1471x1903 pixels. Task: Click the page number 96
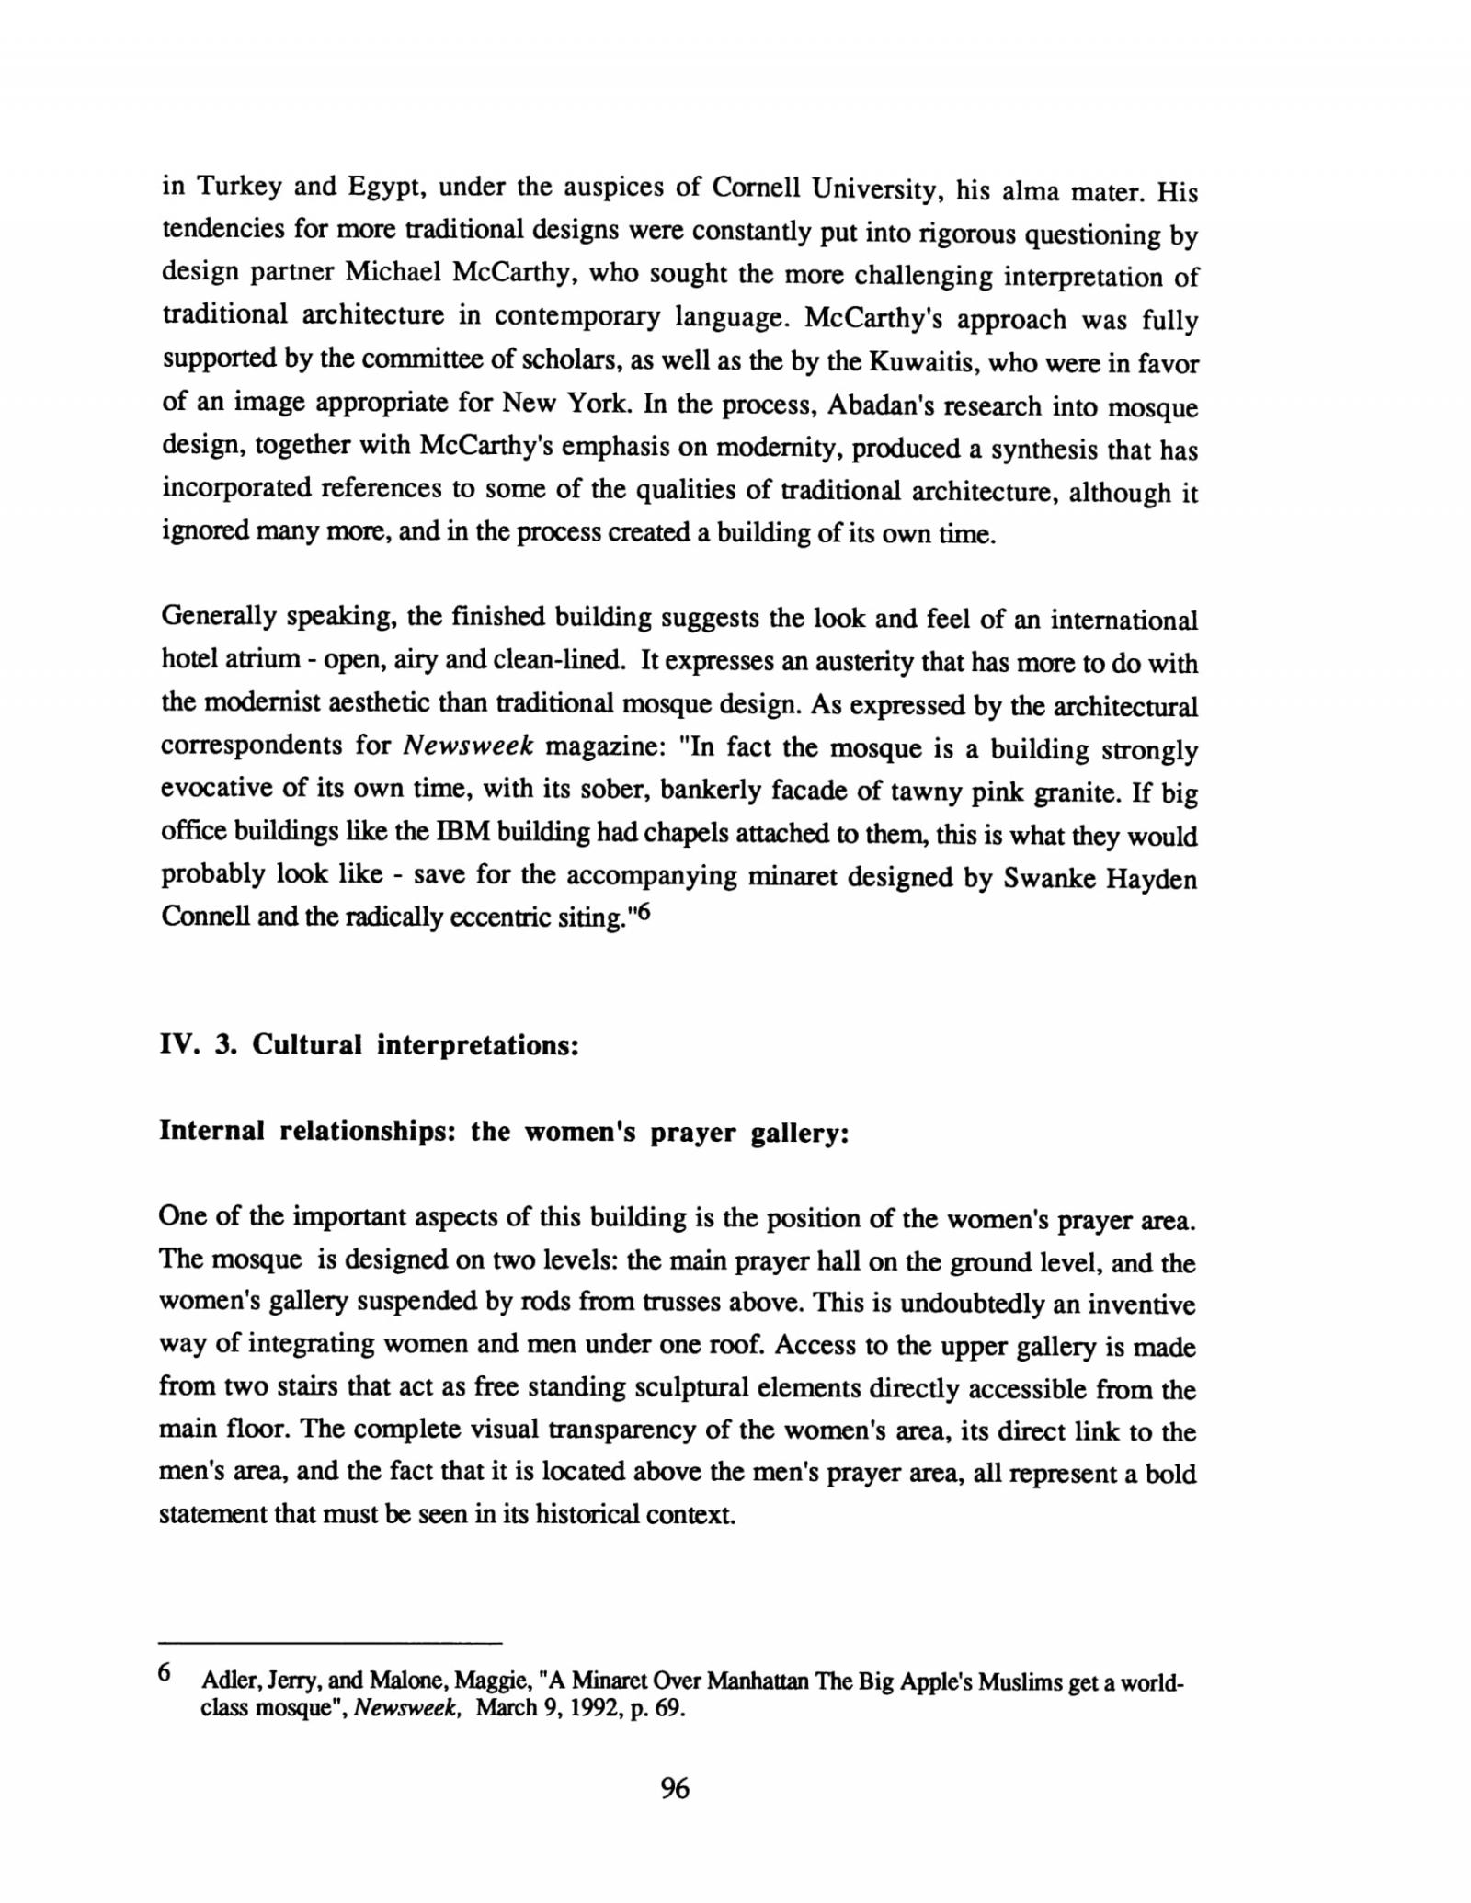(674, 1788)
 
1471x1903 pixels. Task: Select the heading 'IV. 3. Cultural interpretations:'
(369, 1045)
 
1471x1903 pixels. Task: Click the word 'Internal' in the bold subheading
(211, 1130)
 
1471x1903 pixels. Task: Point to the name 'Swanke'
(1046, 878)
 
